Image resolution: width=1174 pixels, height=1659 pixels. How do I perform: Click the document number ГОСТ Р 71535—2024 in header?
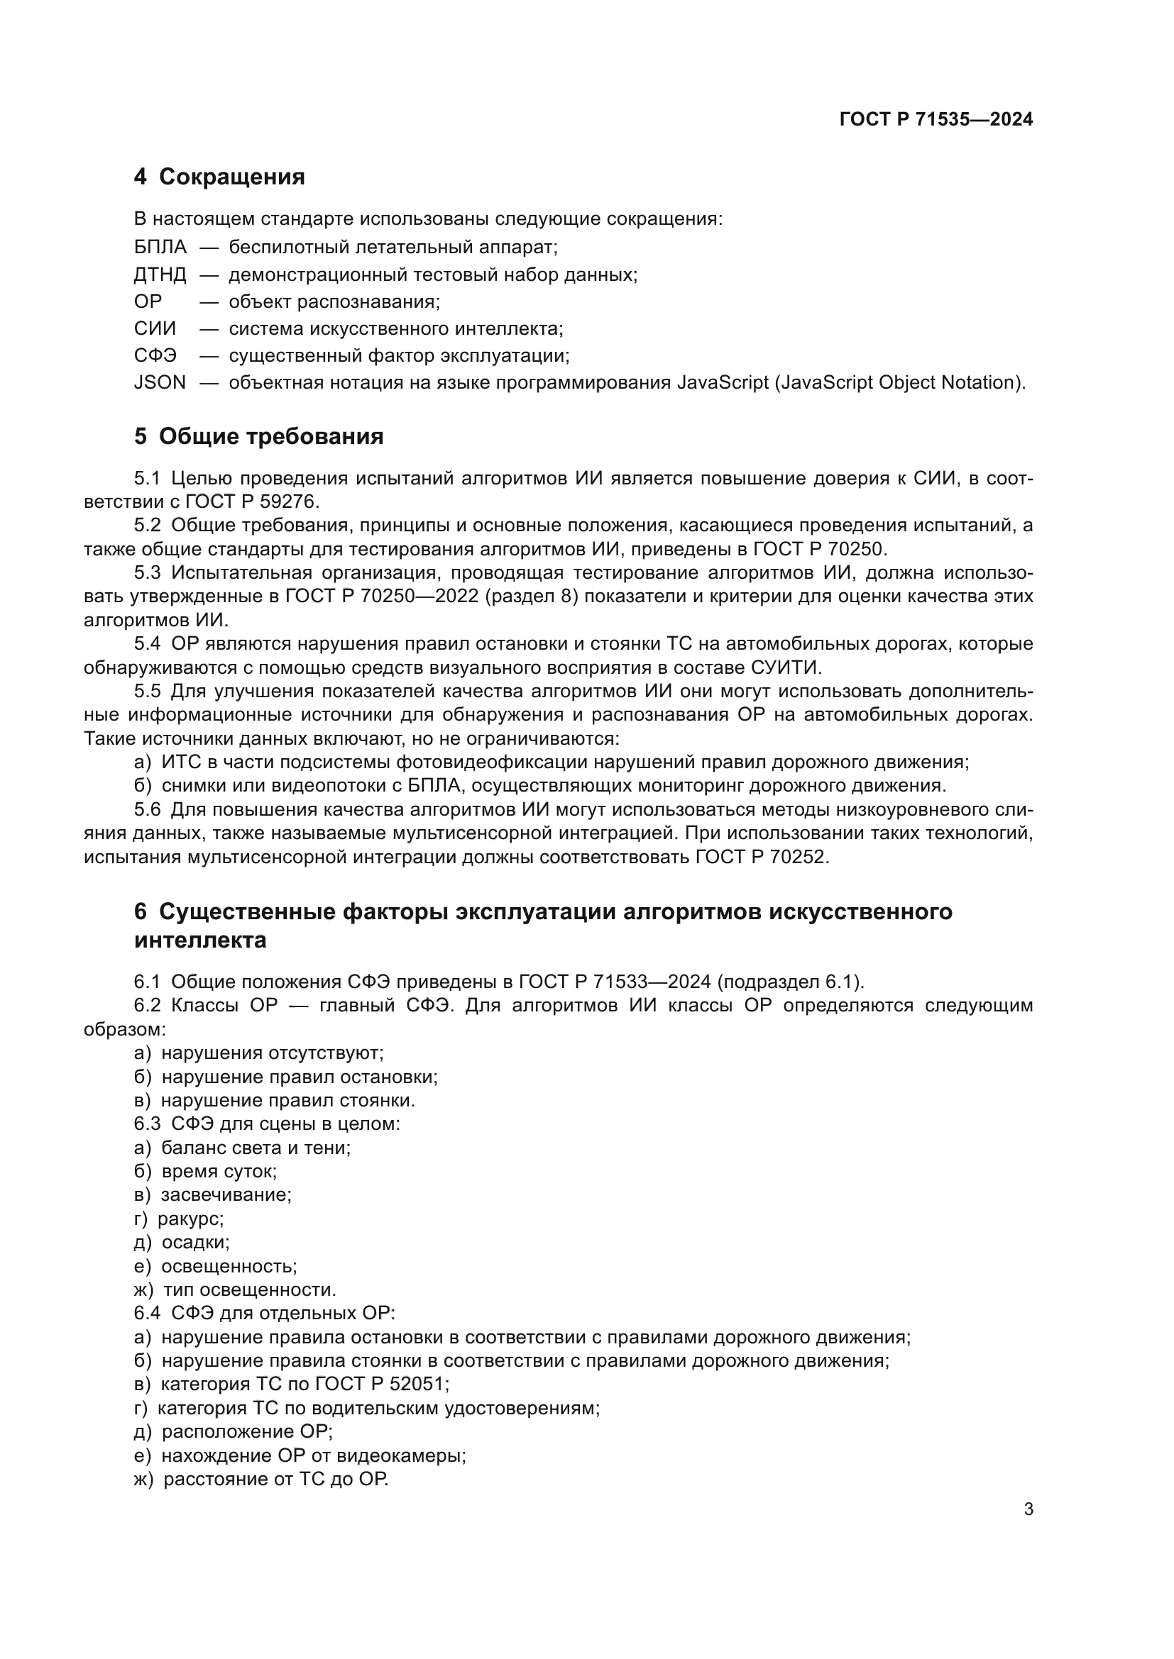coord(936,119)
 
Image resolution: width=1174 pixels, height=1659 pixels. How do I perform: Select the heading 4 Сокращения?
coord(219,177)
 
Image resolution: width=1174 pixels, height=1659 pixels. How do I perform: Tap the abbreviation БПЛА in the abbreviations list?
coord(160,247)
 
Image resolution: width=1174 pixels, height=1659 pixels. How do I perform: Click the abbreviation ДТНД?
coord(160,274)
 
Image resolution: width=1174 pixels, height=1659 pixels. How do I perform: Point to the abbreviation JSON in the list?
coord(159,382)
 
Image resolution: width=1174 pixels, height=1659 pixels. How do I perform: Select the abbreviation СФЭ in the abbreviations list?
coord(155,355)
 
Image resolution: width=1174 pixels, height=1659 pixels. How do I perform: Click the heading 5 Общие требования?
coord(258,436)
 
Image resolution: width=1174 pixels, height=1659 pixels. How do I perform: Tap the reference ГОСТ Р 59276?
coord(251,501)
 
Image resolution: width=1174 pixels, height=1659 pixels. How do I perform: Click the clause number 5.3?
coord(148,573)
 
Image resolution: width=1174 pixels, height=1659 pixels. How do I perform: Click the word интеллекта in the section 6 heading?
coord(200,940)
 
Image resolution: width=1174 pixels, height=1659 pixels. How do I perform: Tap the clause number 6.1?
coord(148,982)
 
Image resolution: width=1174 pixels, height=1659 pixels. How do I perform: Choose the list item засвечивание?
coord(226,1194)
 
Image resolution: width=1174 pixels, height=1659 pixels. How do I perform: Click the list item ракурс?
coord(190,1219)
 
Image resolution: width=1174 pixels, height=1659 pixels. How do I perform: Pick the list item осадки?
coord(195,1242)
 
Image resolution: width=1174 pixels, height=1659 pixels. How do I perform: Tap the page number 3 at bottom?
coord(1028,1509)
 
